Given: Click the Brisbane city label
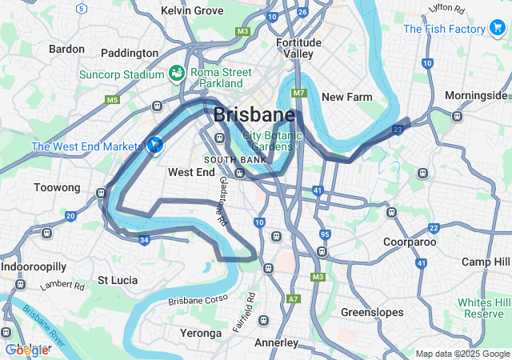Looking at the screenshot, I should click(254, 114).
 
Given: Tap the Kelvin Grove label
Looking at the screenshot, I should click(192, 10).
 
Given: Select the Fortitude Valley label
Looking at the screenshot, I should click(298, 48).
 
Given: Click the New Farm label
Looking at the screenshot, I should click(346, 97).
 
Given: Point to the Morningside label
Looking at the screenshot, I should click(476, 95).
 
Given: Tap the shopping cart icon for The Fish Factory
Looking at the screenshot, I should click(498, 29).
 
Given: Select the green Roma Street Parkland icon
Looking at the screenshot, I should click(176, 74).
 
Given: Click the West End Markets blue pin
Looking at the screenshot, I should click(154, 145).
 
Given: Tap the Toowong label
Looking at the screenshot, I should click(58, 187).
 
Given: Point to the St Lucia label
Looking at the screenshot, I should click(117, 280).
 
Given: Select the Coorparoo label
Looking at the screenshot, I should click(409, 241).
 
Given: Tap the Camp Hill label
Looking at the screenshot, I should click(486, 262).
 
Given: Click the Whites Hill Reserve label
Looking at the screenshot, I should click(483, 308).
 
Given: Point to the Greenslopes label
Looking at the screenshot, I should click(372, 312).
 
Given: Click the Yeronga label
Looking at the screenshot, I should click(201, 333).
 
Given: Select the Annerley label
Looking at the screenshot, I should click(275, 343).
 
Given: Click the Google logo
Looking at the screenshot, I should click(26, 350).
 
